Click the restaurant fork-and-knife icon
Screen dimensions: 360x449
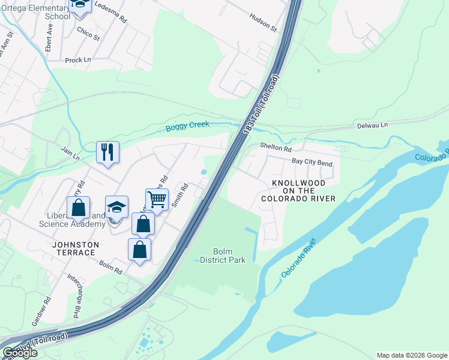click(108, 152)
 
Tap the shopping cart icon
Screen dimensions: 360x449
click(157, 199)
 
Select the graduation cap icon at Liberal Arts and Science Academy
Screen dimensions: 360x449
click(116, 207)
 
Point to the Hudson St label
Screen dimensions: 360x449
click(264, 25)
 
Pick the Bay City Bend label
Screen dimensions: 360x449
click(312, 162)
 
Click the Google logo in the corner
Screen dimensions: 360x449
click(19, 353)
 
